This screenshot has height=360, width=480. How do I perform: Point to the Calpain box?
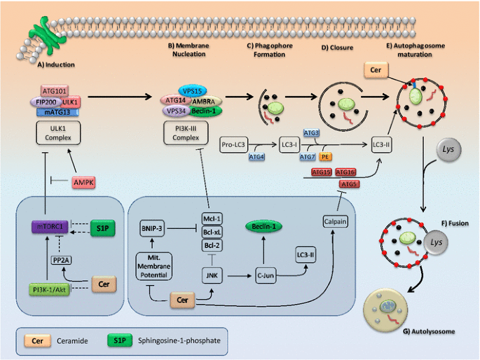(335, 221)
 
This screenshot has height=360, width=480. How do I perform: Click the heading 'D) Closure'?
(337, 48)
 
